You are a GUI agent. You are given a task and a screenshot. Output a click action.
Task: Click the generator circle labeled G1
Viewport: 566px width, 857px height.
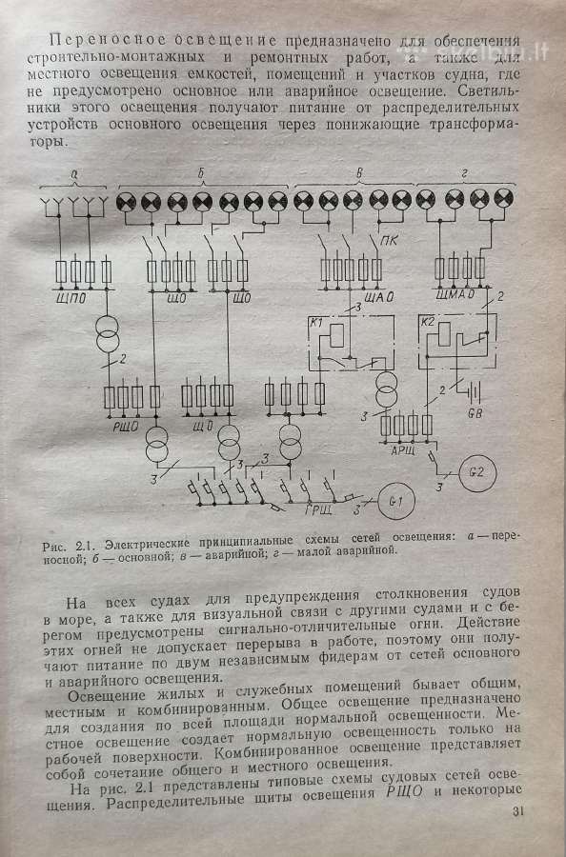pyautogui.click(x=396, y=501)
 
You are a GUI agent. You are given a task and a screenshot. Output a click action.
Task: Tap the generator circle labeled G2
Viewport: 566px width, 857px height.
pyautogui.click(x=477, y=471)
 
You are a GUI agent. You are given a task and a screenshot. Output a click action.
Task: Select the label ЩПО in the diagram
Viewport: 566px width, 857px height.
pyautogui.click(x=71, y=299)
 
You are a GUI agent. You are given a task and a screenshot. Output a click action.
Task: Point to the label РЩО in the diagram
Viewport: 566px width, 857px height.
pyautogui.click(x=126, y=426)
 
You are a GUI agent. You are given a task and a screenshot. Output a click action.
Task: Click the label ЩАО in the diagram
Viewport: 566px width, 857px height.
pyautogui.click(x=379, y=297)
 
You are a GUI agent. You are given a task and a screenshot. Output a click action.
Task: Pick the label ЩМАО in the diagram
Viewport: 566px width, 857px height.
pyautogui.click(x=455, y=295)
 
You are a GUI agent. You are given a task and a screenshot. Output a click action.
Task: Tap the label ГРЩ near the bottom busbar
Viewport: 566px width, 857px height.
pyautogui.click(x=317, y=511)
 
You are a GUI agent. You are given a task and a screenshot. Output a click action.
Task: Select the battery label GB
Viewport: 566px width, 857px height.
pyautogui.click(x=475, y=414)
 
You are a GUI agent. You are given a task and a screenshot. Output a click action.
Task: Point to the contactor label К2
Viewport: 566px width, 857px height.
pyautogui.click(x=427, y=322)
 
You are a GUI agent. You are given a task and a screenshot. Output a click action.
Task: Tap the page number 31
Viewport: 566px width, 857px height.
pyautogui.click(x=518, y=811)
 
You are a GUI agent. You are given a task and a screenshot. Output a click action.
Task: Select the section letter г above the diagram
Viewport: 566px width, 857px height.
pyautogui.click(x=464, y=174)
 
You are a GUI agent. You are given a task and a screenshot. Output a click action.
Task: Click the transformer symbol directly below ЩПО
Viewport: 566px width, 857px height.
pyautogui.click(x=108, y=333)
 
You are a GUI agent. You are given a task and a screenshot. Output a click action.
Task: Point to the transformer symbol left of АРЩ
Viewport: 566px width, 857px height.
pyautogui.click(x=387, y=389)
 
